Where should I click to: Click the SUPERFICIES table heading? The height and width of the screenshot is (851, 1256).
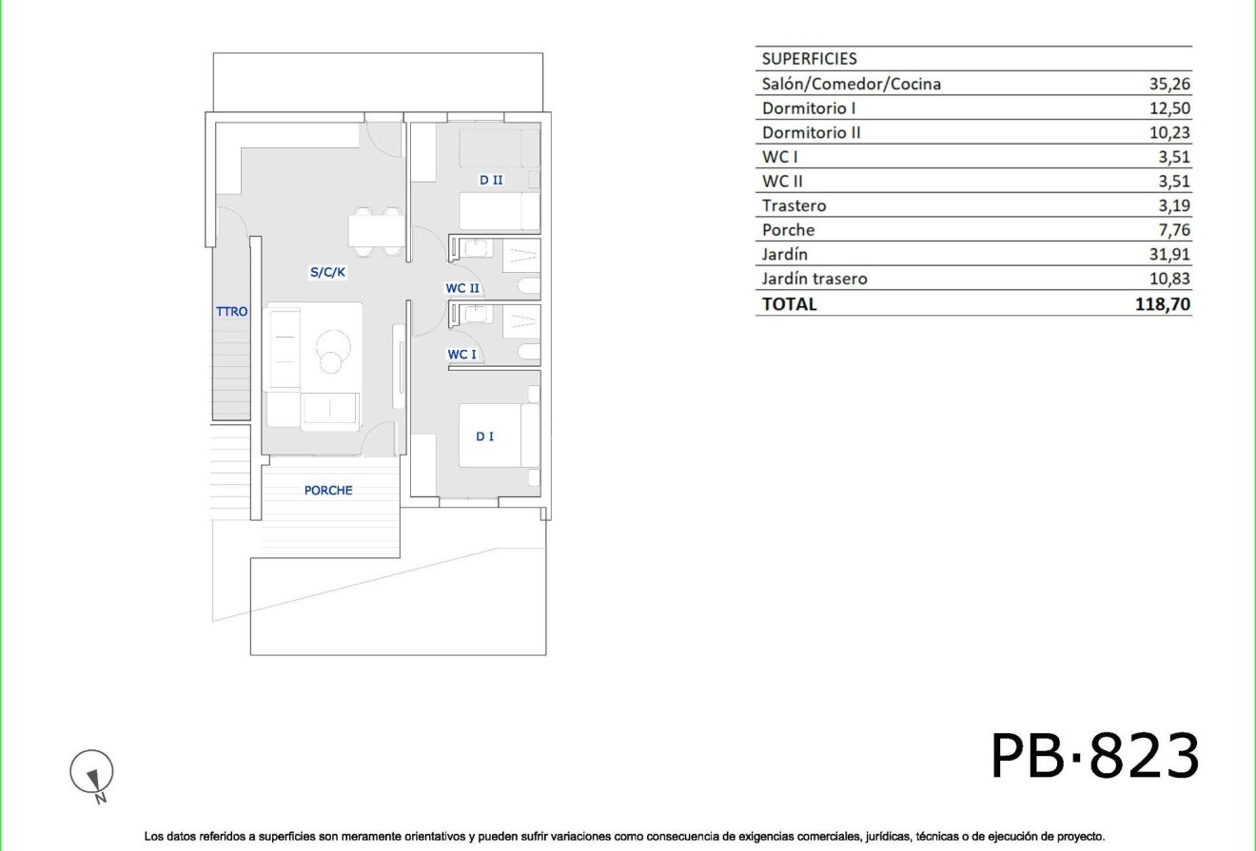click(810, 59)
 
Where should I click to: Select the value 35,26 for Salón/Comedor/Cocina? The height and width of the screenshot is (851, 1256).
click(1169, 84)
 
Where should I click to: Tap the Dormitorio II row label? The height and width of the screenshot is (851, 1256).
click(812, 133)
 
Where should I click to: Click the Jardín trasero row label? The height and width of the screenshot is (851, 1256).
click(814, 279)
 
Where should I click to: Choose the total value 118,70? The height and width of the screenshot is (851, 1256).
click(1163, 304)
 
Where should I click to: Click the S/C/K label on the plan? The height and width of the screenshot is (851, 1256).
click(327, 272)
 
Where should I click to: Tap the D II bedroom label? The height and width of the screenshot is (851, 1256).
click(491, 180)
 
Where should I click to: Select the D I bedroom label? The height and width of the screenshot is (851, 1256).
click(485, 436)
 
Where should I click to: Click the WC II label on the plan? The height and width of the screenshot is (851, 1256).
click(462, 287)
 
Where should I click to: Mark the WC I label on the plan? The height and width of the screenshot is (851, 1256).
click(462, 355)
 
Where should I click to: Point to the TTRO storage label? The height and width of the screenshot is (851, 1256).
click(231, 311)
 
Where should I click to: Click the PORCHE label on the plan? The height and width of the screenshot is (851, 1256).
click(328, 491)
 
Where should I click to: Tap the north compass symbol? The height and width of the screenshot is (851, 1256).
click(92, 772)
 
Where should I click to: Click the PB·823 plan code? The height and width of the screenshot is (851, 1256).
click(1095, 757)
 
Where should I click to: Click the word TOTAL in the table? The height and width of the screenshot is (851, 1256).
click(789, 304)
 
